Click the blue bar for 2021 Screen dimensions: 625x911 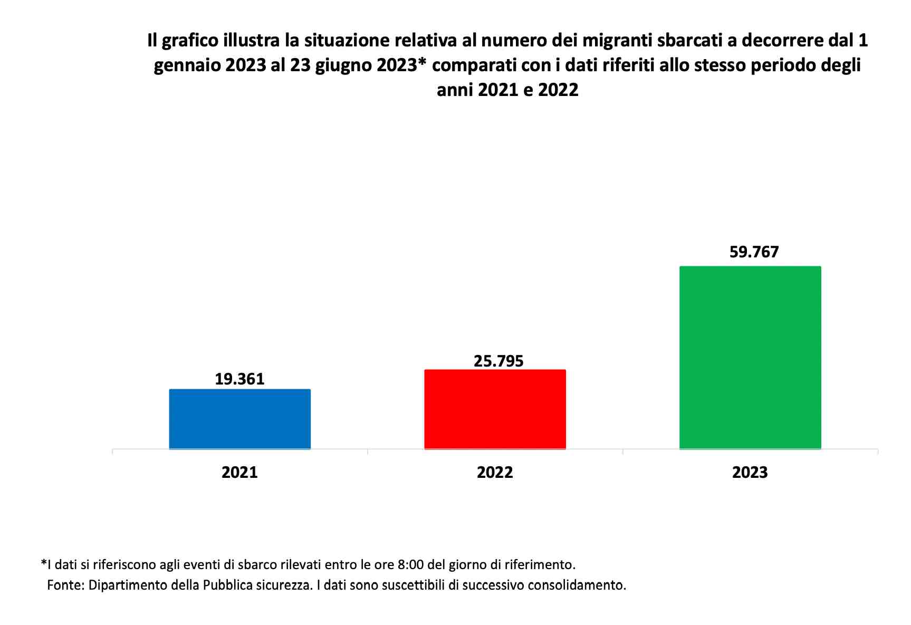[x=239, y=419]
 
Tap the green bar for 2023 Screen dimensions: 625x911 [x=750, y=357]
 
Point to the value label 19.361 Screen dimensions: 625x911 [x=239, y=379]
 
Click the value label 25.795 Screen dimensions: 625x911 [x=498, y=361]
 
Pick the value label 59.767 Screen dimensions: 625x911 [x=754, y=252]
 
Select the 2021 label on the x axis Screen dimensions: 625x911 [x=239, y=472]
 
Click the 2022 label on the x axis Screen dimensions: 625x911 [x=495, y=472]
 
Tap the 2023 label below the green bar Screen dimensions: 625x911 [x=750, y=472]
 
